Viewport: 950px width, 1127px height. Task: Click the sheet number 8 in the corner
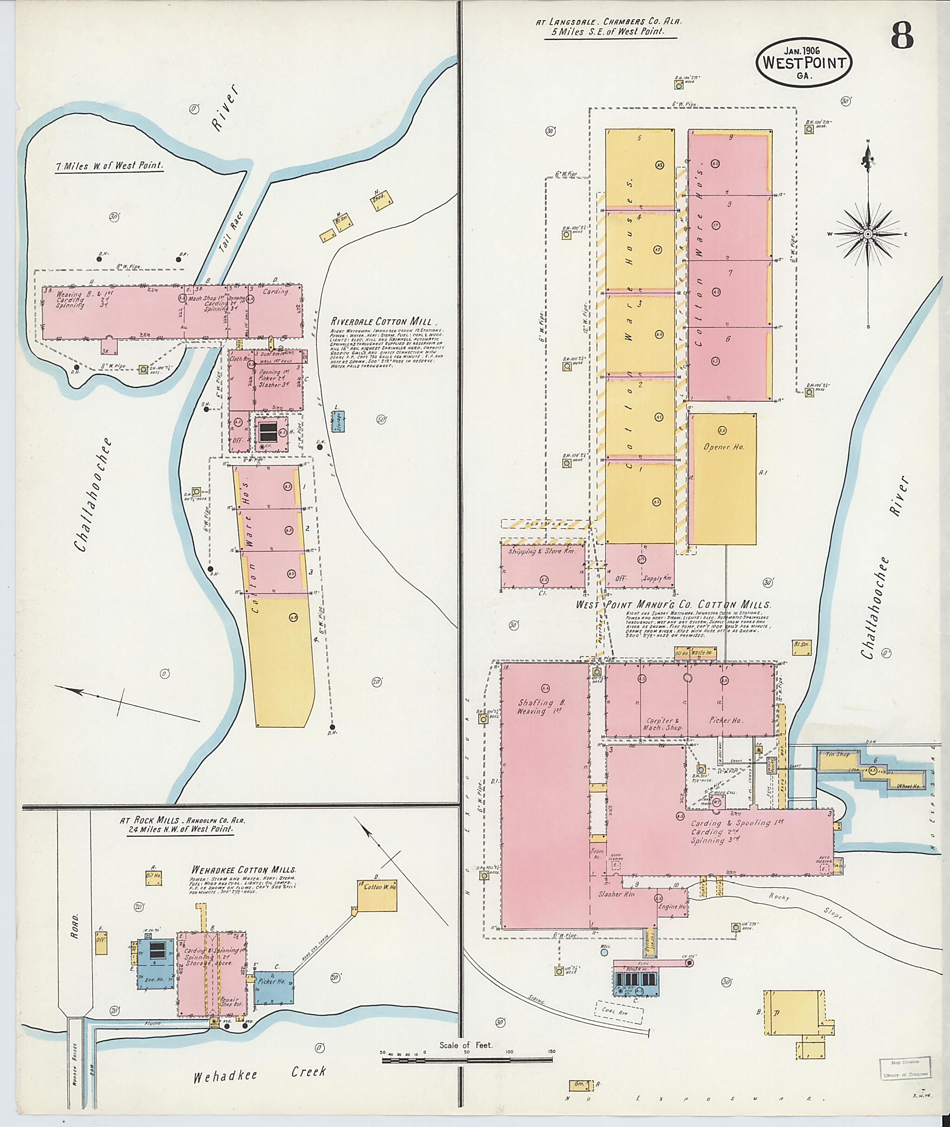[x=902, y=37]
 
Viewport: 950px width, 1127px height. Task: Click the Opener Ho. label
[x=724, y=447]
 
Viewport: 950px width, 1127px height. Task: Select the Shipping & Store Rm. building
[x=542, y=566]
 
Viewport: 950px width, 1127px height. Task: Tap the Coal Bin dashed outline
[x=619, y=1012]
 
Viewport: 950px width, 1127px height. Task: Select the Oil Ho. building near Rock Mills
[x=154, y=876]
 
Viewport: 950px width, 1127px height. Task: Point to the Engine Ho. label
[x=672, y=907]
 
